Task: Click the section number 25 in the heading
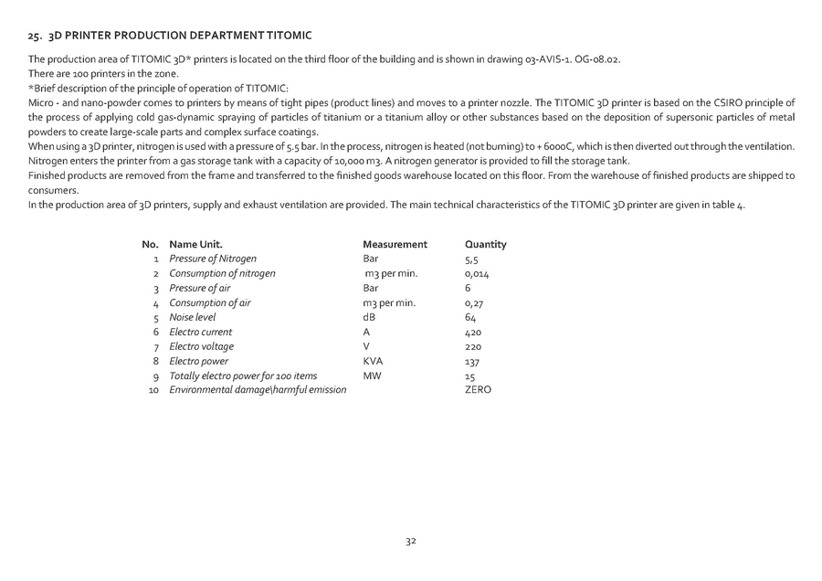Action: click(x=35, y=36)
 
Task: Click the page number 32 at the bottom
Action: click(x=411, y=542)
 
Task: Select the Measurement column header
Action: click(x=395, y=245)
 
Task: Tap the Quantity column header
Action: click(x=485, y=245)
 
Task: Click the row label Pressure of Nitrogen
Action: click(x=213, y=259)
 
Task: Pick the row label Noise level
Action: click(x=193, y=318)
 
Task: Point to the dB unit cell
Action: click(x=369, y=318)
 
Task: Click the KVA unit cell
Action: click(x=373, y=362)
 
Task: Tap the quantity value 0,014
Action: click(x=478, y=274)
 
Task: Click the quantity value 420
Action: click(x=473, y=333)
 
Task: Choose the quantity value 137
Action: click(x=472, y=362)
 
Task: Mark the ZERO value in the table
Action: click(x=478, y=390)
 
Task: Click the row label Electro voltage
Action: click(x=201, y=347)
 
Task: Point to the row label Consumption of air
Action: click(x=210, y=303)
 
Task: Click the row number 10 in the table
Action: click(x=153, y=391)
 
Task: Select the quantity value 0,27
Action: click(x=474, y=303)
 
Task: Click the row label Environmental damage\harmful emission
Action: click(x=258, y=391)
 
